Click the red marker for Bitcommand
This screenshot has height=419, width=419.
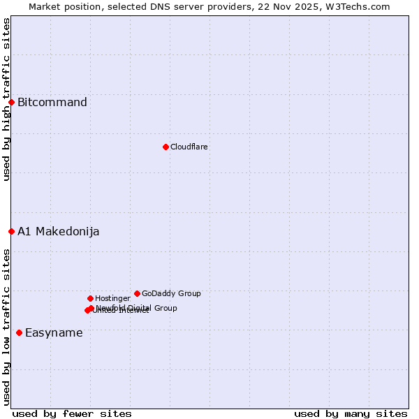pyautogui.click(x=11, y=103)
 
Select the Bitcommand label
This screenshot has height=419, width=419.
pyautogui.click(x=52, y=103)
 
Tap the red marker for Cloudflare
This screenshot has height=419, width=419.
pyautogui.click(x=166, y=147)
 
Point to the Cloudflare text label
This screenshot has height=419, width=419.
pyautogui.click(x=189, y=147)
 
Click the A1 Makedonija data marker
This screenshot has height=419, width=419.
pyautogui.click(x=11, y=231)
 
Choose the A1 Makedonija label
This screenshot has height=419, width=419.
pyautogui.click(x=58, y=232)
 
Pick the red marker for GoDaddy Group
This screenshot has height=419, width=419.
pyautogui.click(x=137, y=293)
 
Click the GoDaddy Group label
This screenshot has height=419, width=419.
pyautogui.click(x=171, y=293)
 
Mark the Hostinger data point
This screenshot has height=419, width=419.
pyautogui.click(x=90, y=298)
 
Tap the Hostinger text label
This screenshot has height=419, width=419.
pyautogui.click(x=112, y=298)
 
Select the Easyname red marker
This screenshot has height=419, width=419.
pyautogui.click(x=19, y=332)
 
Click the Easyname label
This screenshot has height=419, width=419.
pyautogui.click(x=54, y=333)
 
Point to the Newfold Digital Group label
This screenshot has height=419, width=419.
pyautogui.click(x=137, y=308)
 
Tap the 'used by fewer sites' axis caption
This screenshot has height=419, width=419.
pyautogui.click(x=72, y=413)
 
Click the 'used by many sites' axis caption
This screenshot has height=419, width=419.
pyautogui.click(x=351, y=413)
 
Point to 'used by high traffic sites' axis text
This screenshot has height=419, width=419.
pyautogui.click(x=6, y=99)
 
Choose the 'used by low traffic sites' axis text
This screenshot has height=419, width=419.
pyautogui.click(x=6, y=327)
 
